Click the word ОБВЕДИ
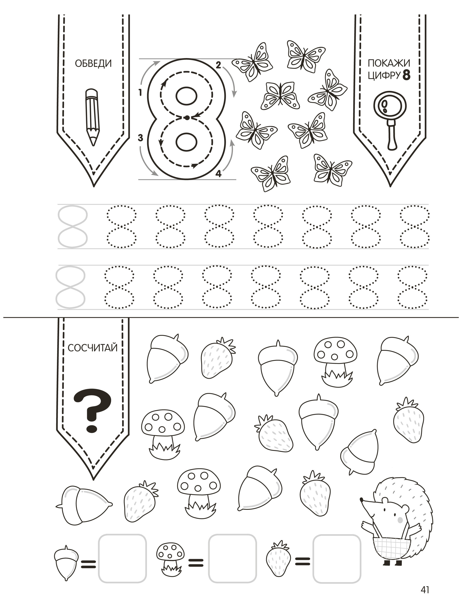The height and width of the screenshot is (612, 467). pos(93,63)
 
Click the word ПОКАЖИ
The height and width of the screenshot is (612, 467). pos(389,63)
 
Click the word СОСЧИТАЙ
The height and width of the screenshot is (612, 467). pos(93,348)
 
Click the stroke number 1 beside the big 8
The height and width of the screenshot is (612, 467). pos(140,92)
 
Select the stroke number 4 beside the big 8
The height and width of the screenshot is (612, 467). pos(218,174)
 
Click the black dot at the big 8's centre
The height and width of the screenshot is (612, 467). pos(187,118)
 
